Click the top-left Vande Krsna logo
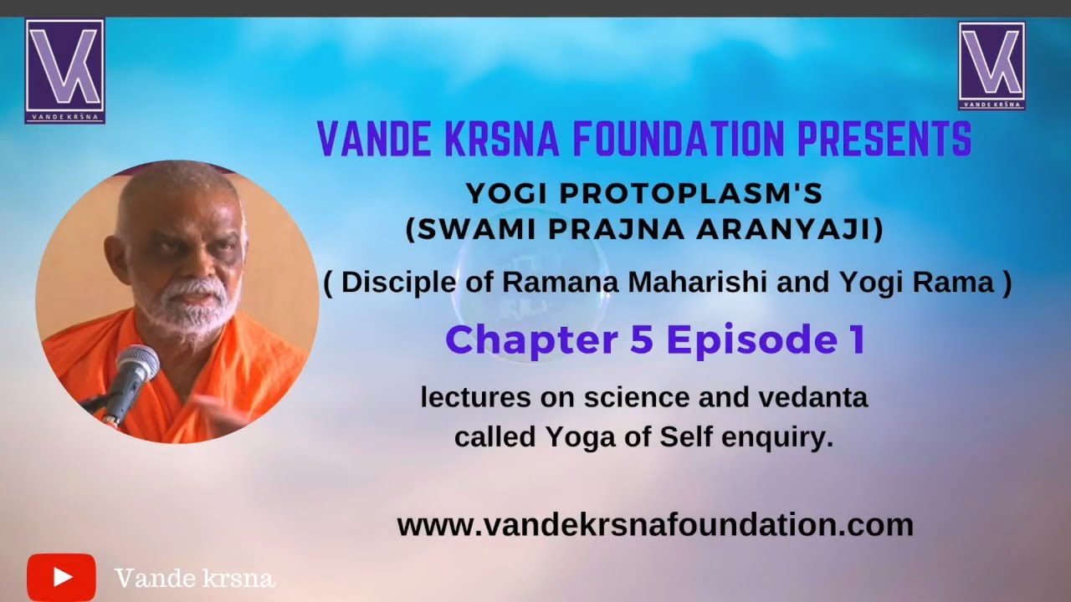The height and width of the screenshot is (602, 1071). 64,71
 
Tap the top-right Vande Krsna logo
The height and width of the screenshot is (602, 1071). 992,66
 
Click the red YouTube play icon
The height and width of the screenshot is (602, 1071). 61,577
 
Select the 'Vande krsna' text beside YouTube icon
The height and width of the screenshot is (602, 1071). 194,578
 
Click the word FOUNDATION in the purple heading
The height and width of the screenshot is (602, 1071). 679,140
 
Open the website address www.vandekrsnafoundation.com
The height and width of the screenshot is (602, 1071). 654,525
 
